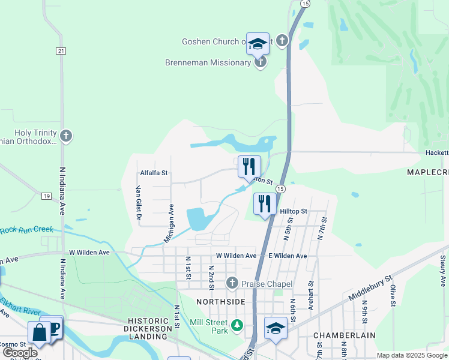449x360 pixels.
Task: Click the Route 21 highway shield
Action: pos(61,51)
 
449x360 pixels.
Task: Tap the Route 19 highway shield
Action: pos(46,196)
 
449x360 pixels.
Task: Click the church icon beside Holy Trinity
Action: pos(66,136)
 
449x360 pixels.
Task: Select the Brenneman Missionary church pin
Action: pos(260,62)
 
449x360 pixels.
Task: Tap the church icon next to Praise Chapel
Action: pos(232,283)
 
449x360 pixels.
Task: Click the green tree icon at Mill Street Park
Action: pos(238,325)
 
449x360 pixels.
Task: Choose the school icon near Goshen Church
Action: pos(258,44)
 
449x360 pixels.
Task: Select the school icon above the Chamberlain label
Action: pos(276,328)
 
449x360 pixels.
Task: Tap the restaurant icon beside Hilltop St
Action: pos(264,204)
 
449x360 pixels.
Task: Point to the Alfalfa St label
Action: pos(154,173)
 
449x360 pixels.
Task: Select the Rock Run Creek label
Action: pos(26,230)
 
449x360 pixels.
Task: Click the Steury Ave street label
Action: pos(443,270)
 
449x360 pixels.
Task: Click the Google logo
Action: pos(20,353)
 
